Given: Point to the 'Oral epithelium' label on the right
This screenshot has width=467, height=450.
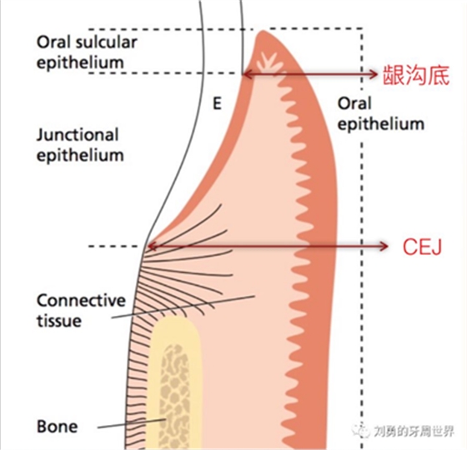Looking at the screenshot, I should coord(380,113).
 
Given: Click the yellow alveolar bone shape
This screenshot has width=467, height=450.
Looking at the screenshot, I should coord(176,375).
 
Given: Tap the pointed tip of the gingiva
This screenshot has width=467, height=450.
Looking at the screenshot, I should coord(263,34).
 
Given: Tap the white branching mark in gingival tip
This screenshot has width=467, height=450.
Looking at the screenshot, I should coord(269,63).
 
